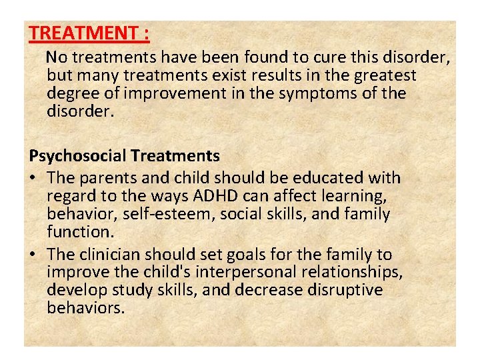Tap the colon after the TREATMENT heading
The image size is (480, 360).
(x=146, y=33)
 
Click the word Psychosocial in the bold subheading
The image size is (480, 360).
(x=78, y=156)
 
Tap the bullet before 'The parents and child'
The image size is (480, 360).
(x=33, y=179)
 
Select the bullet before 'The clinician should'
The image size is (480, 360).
(x=33, y=255)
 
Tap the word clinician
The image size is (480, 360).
(x=109, y=255)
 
